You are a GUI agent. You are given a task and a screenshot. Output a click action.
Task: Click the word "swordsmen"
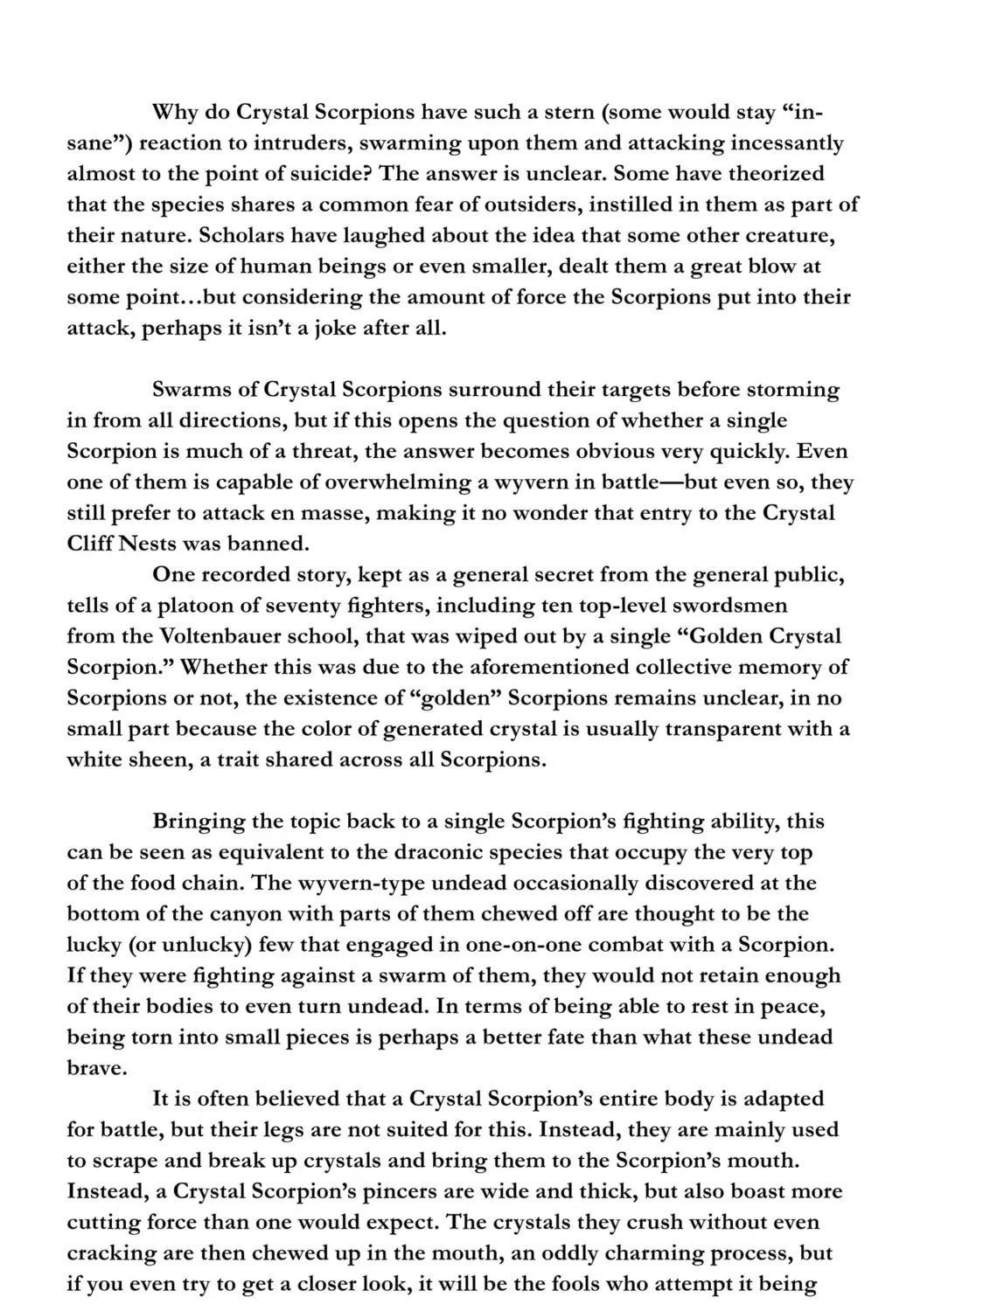734,606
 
